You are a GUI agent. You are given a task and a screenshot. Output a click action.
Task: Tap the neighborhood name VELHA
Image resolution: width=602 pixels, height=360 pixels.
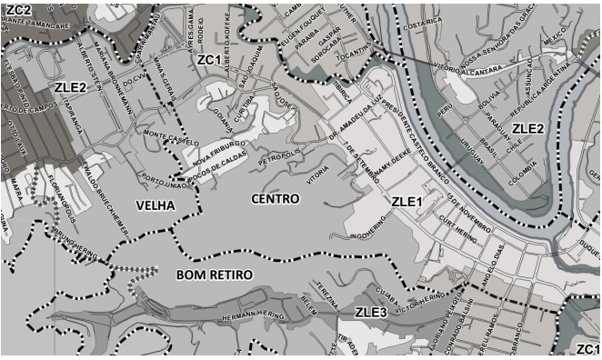[x=155, y=205]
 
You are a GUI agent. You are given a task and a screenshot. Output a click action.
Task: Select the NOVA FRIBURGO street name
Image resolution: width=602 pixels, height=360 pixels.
[x=219, y=148]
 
